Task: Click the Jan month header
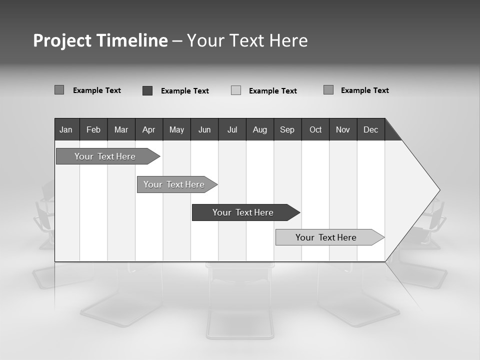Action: [x=66, y=129]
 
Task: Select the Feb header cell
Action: [x=93, y=129]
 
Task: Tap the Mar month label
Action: [x=121, y=129]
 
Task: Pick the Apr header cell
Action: [x=148, y=129]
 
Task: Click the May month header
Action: [x=176, y=129]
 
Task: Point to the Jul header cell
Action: [x=232, y=129]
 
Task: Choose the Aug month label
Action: [x=260, y=129]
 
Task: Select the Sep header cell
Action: [x=287, y=129]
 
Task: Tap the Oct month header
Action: [x=315, y=129]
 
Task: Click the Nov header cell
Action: [x=343, y=129]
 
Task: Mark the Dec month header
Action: [x=371, y=129]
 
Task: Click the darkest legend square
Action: [x=147, y=90]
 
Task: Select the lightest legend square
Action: [x=236, y=90]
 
